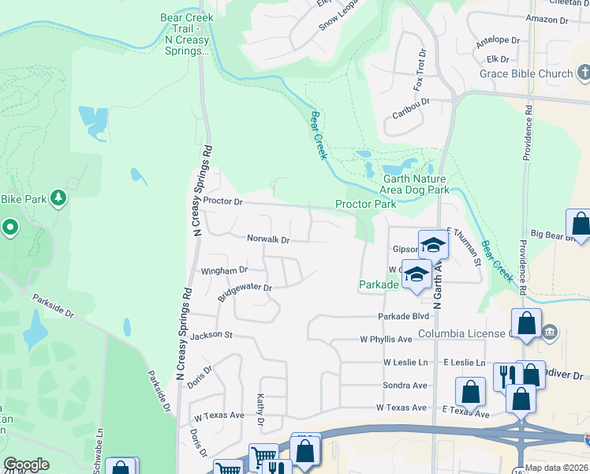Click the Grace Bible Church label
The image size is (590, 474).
[x=526, y=74]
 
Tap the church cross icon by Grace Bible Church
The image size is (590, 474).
[x=584, y=74]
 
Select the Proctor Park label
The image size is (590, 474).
[x=365, y=204]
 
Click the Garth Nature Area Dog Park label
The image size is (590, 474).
[x=416, y=185]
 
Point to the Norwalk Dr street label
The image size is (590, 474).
[x=268, y=239]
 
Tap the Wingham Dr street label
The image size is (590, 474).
[x=225, y=270]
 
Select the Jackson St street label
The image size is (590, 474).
[x=211, y=335]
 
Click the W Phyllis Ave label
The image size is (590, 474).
[x=386, y=340]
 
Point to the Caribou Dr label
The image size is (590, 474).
[x=411, y=103]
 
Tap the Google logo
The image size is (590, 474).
[x=25, y=465]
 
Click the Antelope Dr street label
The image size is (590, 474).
[x=498, y=41]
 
